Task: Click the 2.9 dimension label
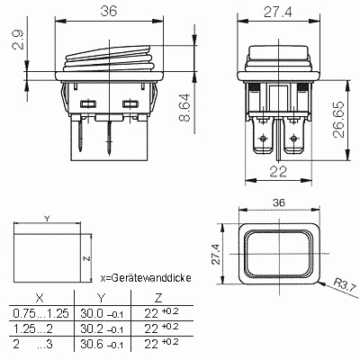click(18, 40)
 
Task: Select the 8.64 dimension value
click(184, 107)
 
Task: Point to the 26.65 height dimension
click(338, 120)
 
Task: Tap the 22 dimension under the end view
click(278, 171)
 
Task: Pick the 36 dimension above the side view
click(109, 12)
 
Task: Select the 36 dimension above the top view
click(279, 202)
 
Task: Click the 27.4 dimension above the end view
click(277, 13)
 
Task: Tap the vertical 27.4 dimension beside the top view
click(216, 254)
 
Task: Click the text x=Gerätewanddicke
click(146, 278)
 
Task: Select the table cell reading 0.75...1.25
click(40, 313)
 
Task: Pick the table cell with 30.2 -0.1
click(102, 329)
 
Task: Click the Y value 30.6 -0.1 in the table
click(102, 345)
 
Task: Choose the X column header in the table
click(40, 298)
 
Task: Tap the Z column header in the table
click(158, 298)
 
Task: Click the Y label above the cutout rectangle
click(47, 219)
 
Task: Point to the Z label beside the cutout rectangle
click(86, 258)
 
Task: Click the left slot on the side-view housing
click(88, 104)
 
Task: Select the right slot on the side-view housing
click(130, 103)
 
